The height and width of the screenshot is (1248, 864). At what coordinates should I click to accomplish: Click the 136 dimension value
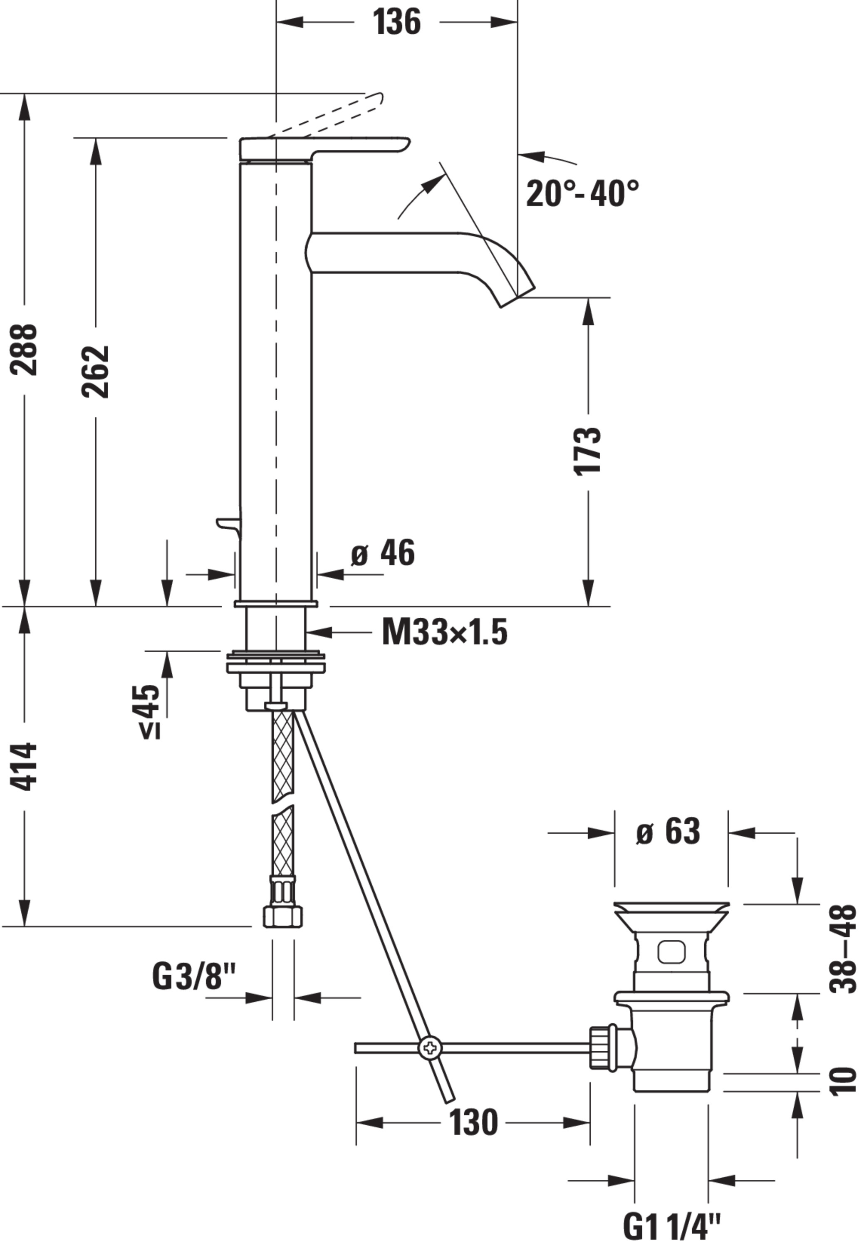(397, 23)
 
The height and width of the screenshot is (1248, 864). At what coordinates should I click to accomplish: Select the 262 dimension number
(95, 371)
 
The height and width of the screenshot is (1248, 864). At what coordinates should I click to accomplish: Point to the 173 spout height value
(588, 451)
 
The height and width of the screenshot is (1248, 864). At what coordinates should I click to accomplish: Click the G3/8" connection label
(194, 975)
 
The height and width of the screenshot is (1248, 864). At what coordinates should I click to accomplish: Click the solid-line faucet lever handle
(325, 149)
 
